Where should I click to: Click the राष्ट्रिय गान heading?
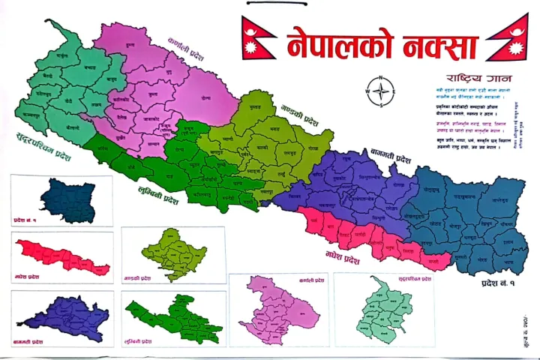[x=471, y=78]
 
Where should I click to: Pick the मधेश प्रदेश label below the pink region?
[x=343, y=259]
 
